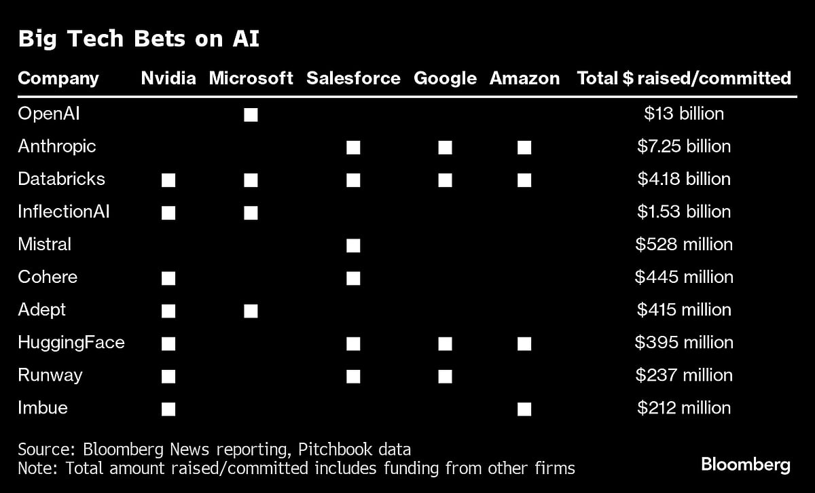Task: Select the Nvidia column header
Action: click(x=168, y=78)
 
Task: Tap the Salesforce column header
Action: click(x=353, y=78)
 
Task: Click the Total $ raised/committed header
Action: click(x=684, y=78)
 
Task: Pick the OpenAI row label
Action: click(x=49, y=114)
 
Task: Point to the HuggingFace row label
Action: click(x=71, y=342)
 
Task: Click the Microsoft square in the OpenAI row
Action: click(x=251, y=114)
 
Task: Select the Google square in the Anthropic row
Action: click(x=445, y=147)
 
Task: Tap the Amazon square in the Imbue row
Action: click(x=524, y=409)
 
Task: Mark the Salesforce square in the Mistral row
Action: click(x=353, y=245)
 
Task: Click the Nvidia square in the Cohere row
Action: click(x=168, y=278)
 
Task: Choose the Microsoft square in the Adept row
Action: click(x=251, y=311)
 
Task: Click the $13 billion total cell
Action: click(x=684, y=114)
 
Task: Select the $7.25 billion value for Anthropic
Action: click(x=684, y=146)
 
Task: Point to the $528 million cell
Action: click(x=684, y=244)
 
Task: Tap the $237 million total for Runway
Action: click(x=684, y=375)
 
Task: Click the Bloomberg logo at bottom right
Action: click(x=746, y=465)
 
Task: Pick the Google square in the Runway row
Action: click(x=445, y=376)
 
